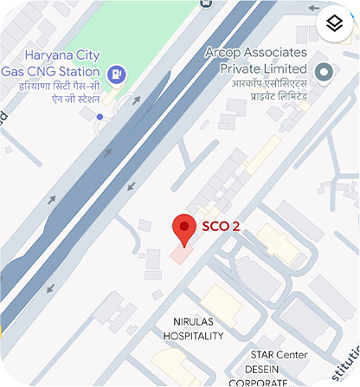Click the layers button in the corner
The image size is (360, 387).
(x=334, y=24)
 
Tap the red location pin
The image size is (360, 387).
(x=183, y=229)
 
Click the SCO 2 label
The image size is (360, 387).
(x=221, y=227)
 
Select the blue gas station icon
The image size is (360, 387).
(x=119, y=74)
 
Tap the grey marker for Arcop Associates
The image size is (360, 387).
(x=325, y=72)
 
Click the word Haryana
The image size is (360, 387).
(x=47, y=51)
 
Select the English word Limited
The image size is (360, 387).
(x=283, y=68)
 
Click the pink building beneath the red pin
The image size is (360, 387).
(x=179, y=255)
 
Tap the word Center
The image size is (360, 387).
(x=293, y=355)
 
